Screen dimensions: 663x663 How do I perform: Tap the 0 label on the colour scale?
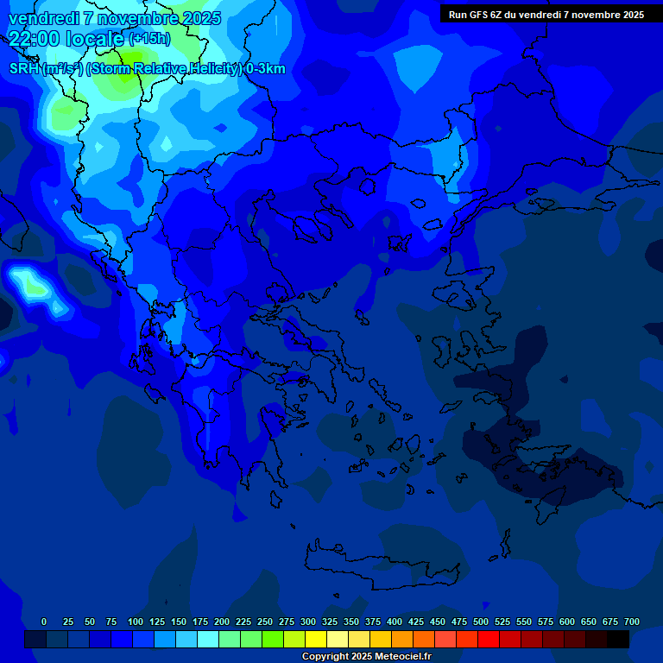[x=44, y=622]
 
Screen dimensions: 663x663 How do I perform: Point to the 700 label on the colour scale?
[x=631, y=622]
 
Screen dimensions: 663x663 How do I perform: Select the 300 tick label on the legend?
[x=308, y=622]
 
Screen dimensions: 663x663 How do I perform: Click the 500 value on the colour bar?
[x=481, y=622]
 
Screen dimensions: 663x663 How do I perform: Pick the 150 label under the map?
[x=179, y=622]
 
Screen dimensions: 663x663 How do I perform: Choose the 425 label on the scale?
[x=416, y=622]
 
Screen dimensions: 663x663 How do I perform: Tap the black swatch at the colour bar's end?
[x=618, y=640]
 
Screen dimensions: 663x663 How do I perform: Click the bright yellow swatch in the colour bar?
[x=316, y=640]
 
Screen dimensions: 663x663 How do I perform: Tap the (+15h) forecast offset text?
[x=149, y=39]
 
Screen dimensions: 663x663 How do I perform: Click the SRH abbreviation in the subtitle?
[x=24, y=69]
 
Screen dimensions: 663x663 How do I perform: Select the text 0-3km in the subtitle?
[x=265, y=69]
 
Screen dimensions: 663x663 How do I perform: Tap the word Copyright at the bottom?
[x=326, y=657]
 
